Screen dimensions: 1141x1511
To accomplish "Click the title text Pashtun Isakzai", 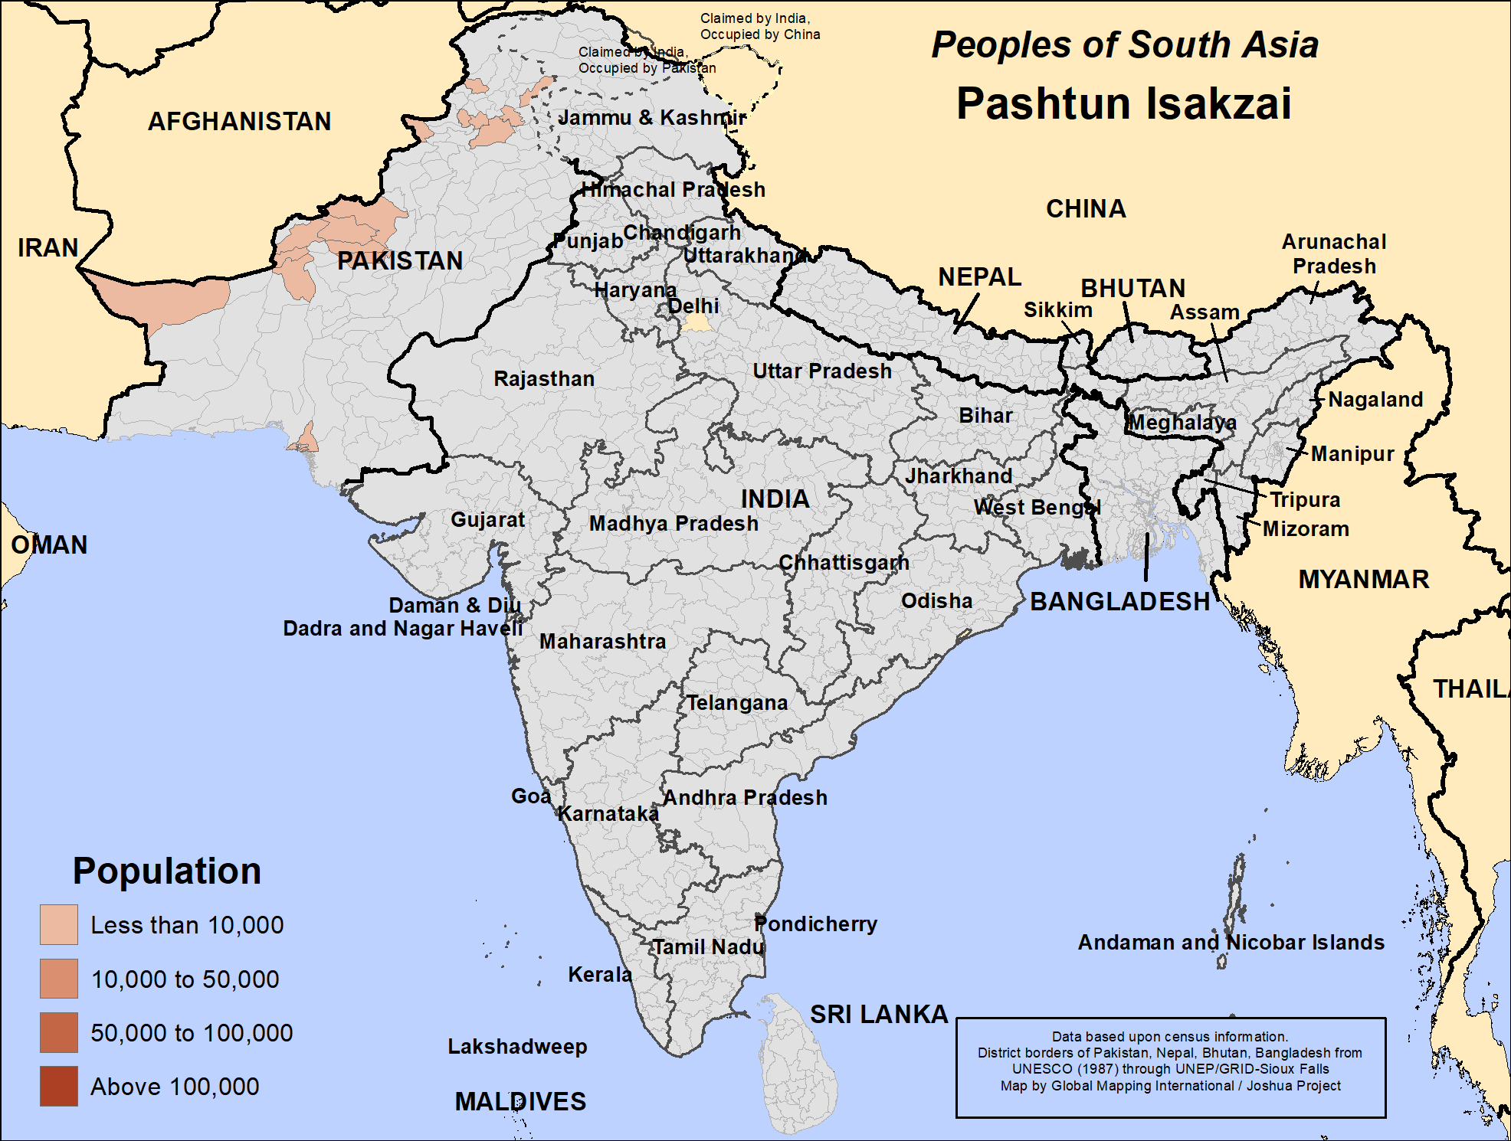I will (1123, 104).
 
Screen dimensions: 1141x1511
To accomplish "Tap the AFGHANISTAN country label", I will (239, 122).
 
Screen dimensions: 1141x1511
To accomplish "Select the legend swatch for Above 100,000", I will (59, 1086).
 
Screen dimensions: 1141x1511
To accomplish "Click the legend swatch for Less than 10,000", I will (59, 924).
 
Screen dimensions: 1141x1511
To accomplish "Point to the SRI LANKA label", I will (879, 1014).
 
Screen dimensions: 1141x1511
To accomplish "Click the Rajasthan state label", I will (543, 379).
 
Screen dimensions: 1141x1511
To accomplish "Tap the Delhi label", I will (693, 306).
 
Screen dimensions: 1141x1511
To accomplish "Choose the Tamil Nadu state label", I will (708, 947).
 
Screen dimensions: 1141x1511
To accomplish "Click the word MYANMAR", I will (1363, 579).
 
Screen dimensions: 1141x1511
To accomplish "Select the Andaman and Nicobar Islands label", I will (1231, 943).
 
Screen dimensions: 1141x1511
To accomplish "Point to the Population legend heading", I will (167, 871).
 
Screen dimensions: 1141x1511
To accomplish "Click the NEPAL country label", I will (979, 277).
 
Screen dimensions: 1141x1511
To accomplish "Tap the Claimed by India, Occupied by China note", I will (759, 27).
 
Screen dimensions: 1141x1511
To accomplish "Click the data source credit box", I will (1170, 1067).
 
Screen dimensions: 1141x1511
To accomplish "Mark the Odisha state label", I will (936, 601).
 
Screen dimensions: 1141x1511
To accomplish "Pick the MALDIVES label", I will (520, 1102).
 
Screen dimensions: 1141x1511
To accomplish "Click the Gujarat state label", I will (487, 520).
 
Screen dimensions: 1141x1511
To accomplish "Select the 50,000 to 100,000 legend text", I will (192, 1033).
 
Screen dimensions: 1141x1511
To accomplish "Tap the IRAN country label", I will (48, 248).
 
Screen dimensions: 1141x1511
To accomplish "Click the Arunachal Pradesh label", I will (1334, 254).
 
